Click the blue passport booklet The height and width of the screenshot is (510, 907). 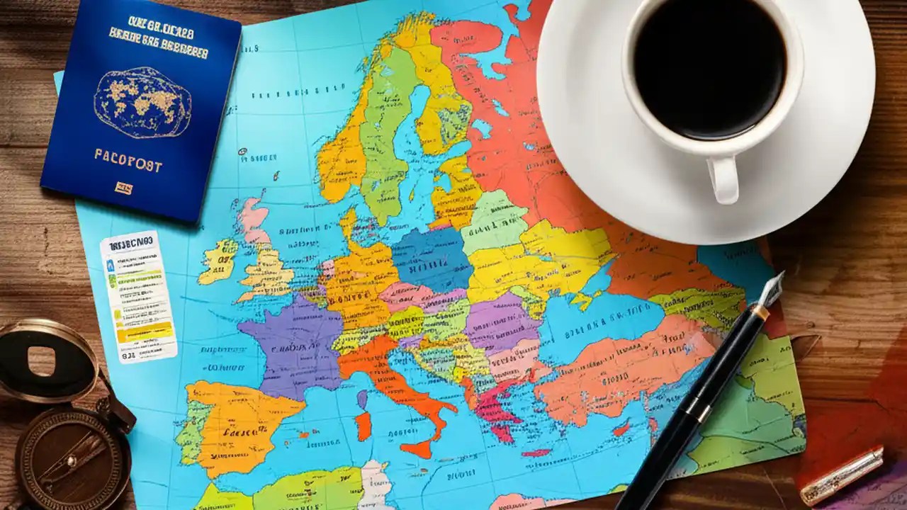[x=142, y=113]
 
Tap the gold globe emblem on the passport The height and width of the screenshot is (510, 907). [x=142, y=102]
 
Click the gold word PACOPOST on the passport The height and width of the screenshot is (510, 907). [x=128, y=161]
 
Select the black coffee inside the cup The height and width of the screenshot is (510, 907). [x=709, y=67]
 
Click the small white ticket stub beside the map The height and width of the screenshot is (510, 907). [x=138, y=297]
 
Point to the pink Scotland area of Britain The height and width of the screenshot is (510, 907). [x=252, y=216]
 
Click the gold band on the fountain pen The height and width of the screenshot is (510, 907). [x=760, y=312]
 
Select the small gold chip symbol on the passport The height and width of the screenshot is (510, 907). [x=124, y=188]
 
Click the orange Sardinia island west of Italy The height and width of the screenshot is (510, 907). [x=363, y=425]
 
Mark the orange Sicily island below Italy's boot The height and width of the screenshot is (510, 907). [x=418, y=448]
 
